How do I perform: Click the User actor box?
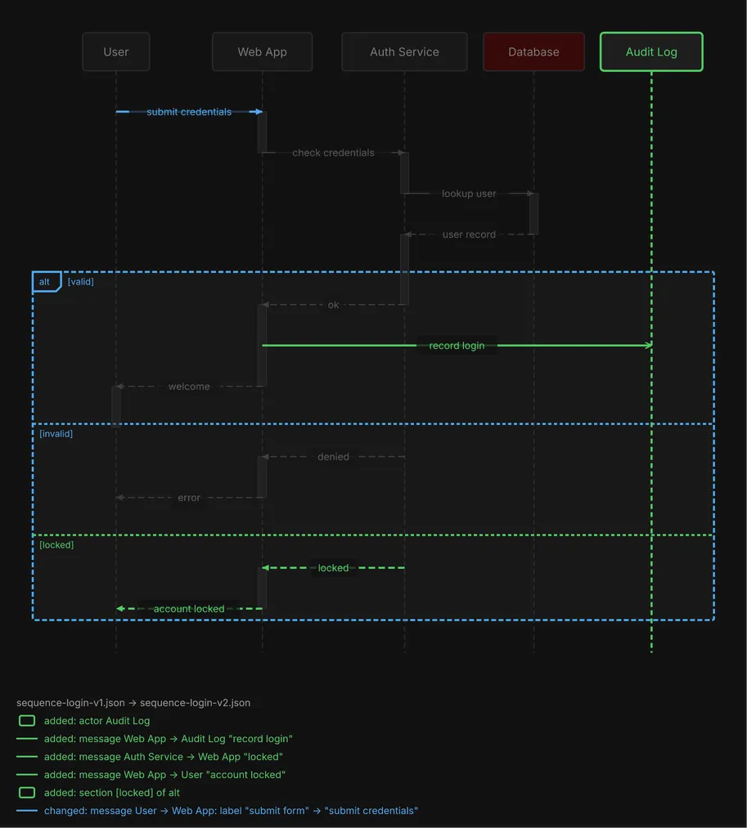(x=116, y=51)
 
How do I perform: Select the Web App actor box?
(x=262, y=51)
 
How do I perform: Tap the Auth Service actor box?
(x=404, y=51)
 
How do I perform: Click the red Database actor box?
(x=534, y=51)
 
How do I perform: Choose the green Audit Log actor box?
(x=651, y=51)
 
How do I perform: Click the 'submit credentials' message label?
(x=189, y=112)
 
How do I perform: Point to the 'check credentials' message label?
(x=333, y=153)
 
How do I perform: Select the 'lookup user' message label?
(x=469, y=193)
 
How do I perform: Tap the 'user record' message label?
(x=469, y=235)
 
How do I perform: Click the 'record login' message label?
(x=457, y=346)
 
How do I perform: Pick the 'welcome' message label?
(x=189, y=387)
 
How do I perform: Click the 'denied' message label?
(x=333, y=457)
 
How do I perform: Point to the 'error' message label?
(x=189, y=498)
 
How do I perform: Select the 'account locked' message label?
(x=189, y=609)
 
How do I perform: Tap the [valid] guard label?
(x=80, y=282)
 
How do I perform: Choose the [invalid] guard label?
(x=56, y=433)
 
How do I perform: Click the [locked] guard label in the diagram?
(x=56, y=545)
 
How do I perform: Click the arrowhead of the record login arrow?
(x=649, y=346)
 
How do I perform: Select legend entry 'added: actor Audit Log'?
(x=97, y=721)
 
